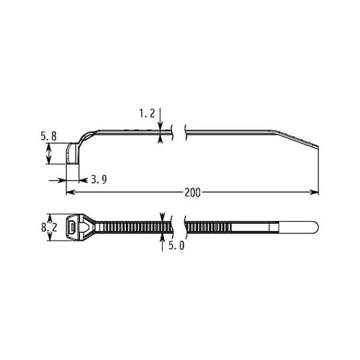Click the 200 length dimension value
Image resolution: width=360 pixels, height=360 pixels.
193,192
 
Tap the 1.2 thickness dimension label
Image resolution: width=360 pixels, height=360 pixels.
146,113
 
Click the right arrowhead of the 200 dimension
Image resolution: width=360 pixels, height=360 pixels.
315,192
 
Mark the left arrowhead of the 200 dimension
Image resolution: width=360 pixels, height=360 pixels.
70,192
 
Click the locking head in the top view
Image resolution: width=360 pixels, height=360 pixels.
75,227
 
